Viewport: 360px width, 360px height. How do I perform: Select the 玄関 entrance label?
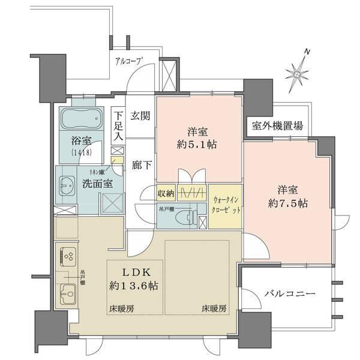tap(141, 116)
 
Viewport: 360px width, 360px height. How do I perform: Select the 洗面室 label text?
tap(97, 184)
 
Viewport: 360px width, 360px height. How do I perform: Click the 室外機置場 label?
tap(277, 126)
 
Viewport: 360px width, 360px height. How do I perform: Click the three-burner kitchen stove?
tap(68, 258)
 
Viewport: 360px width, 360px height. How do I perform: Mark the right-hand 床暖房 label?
tap(214, 309)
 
